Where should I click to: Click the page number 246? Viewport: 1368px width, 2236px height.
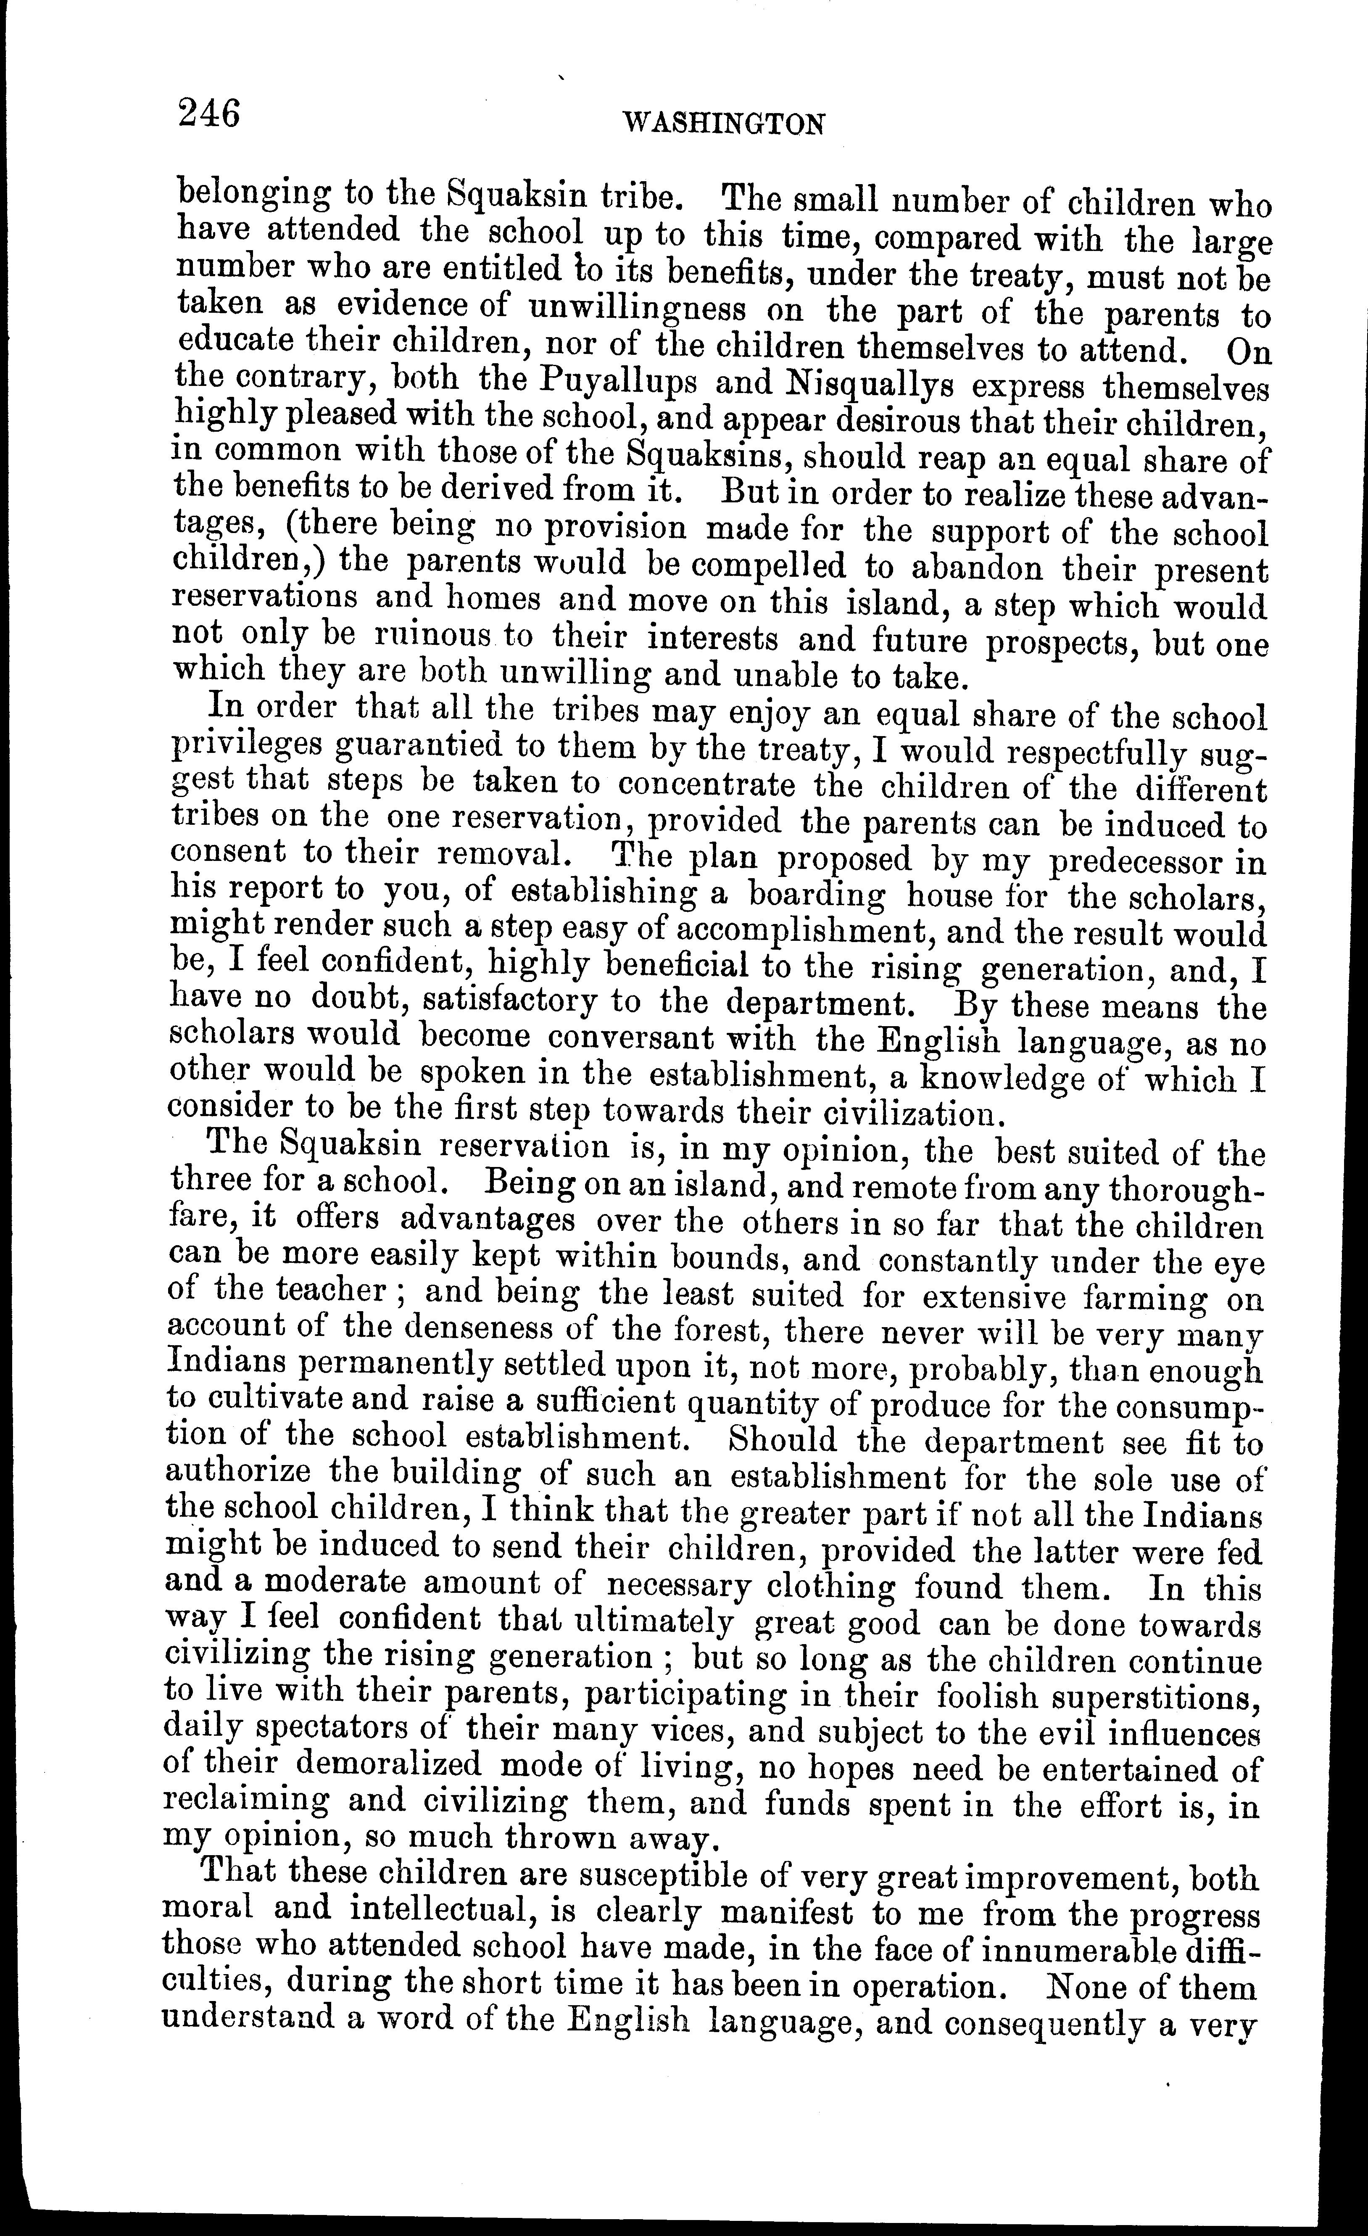[210, 115]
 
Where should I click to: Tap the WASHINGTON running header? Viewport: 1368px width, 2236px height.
[725, 124]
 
